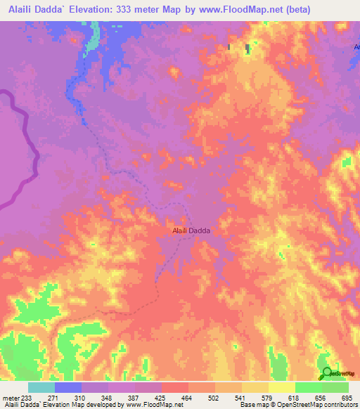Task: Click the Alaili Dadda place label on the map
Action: click(191, 230)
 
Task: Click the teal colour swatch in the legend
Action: click(41, 387)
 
